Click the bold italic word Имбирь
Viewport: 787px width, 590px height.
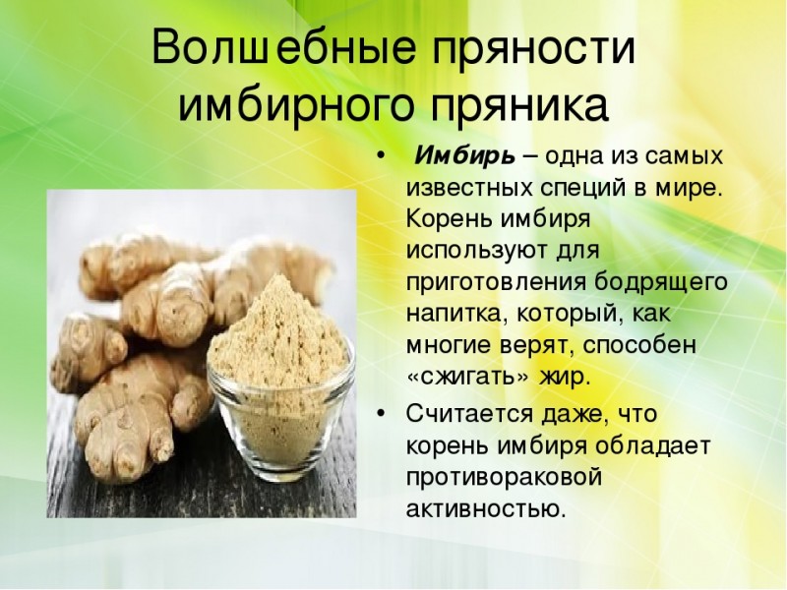(464, 156)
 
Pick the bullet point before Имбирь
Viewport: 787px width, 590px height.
(381, 156)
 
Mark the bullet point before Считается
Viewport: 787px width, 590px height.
(381, 413)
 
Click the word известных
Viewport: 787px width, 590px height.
(469, 188)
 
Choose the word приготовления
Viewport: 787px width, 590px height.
(496, 283)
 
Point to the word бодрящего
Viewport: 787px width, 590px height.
(660, 281)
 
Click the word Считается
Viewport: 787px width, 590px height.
(470, 415)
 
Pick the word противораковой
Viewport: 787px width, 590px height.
(504, 478)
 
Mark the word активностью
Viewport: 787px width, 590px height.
(486, 508)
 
